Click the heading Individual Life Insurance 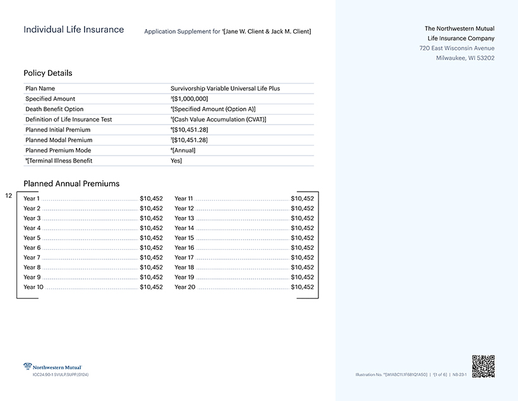point(73,30)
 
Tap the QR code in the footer point(483,366)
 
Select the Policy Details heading point(48,73)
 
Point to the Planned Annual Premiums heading point(71,184)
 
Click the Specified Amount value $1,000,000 point(190,99)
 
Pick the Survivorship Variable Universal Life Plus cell point(225,89)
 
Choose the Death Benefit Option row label point(54,109)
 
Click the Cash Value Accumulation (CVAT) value point(219,120)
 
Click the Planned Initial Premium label point(58,130)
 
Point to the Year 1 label point(32,199)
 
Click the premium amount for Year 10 point(151,287)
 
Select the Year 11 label point(184,199)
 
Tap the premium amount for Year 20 point(302,287)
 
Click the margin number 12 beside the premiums point(8,196)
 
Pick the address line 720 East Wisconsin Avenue point(457,48)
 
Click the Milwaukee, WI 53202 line point(465,58)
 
